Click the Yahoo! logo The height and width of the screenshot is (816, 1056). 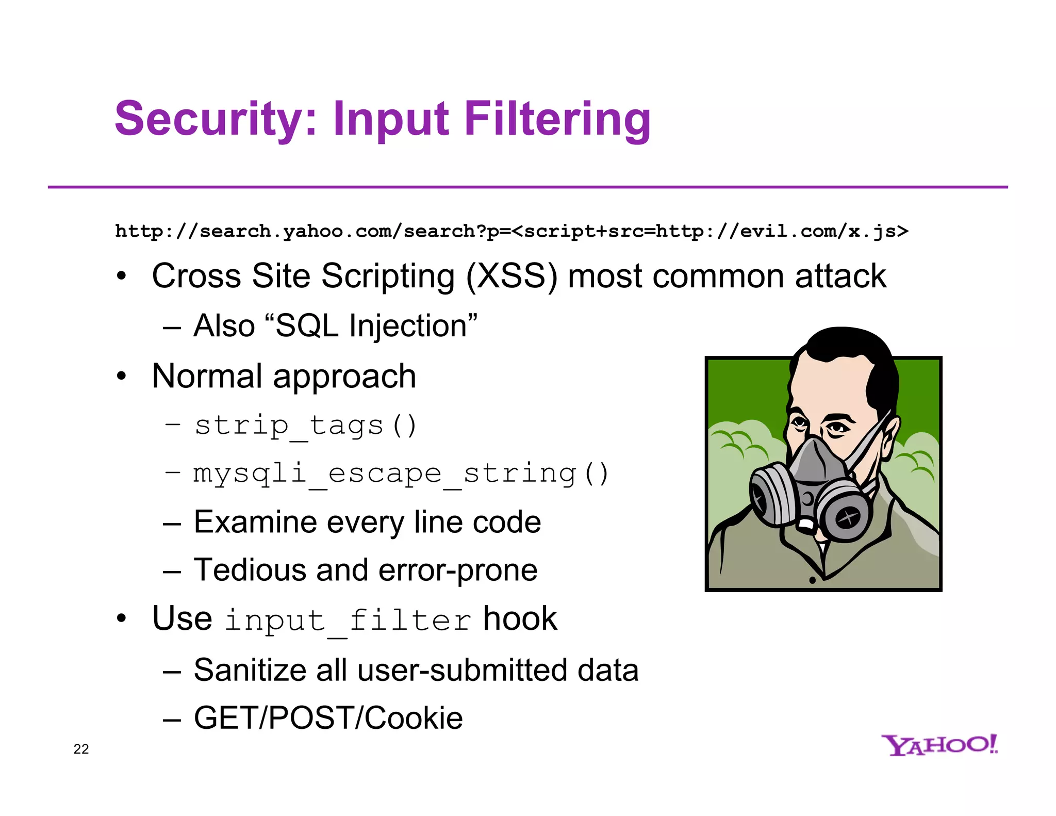pos(939,745)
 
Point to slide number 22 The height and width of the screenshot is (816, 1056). pos(81,749)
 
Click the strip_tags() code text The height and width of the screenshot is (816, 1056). pos(305,426)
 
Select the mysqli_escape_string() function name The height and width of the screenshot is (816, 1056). pos(401,474)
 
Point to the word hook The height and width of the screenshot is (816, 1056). pos(520,618)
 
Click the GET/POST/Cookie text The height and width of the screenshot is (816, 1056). pos(328,718)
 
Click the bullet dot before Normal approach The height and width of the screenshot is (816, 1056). pos(121,376)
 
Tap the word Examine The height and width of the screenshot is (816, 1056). pos(255,522)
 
